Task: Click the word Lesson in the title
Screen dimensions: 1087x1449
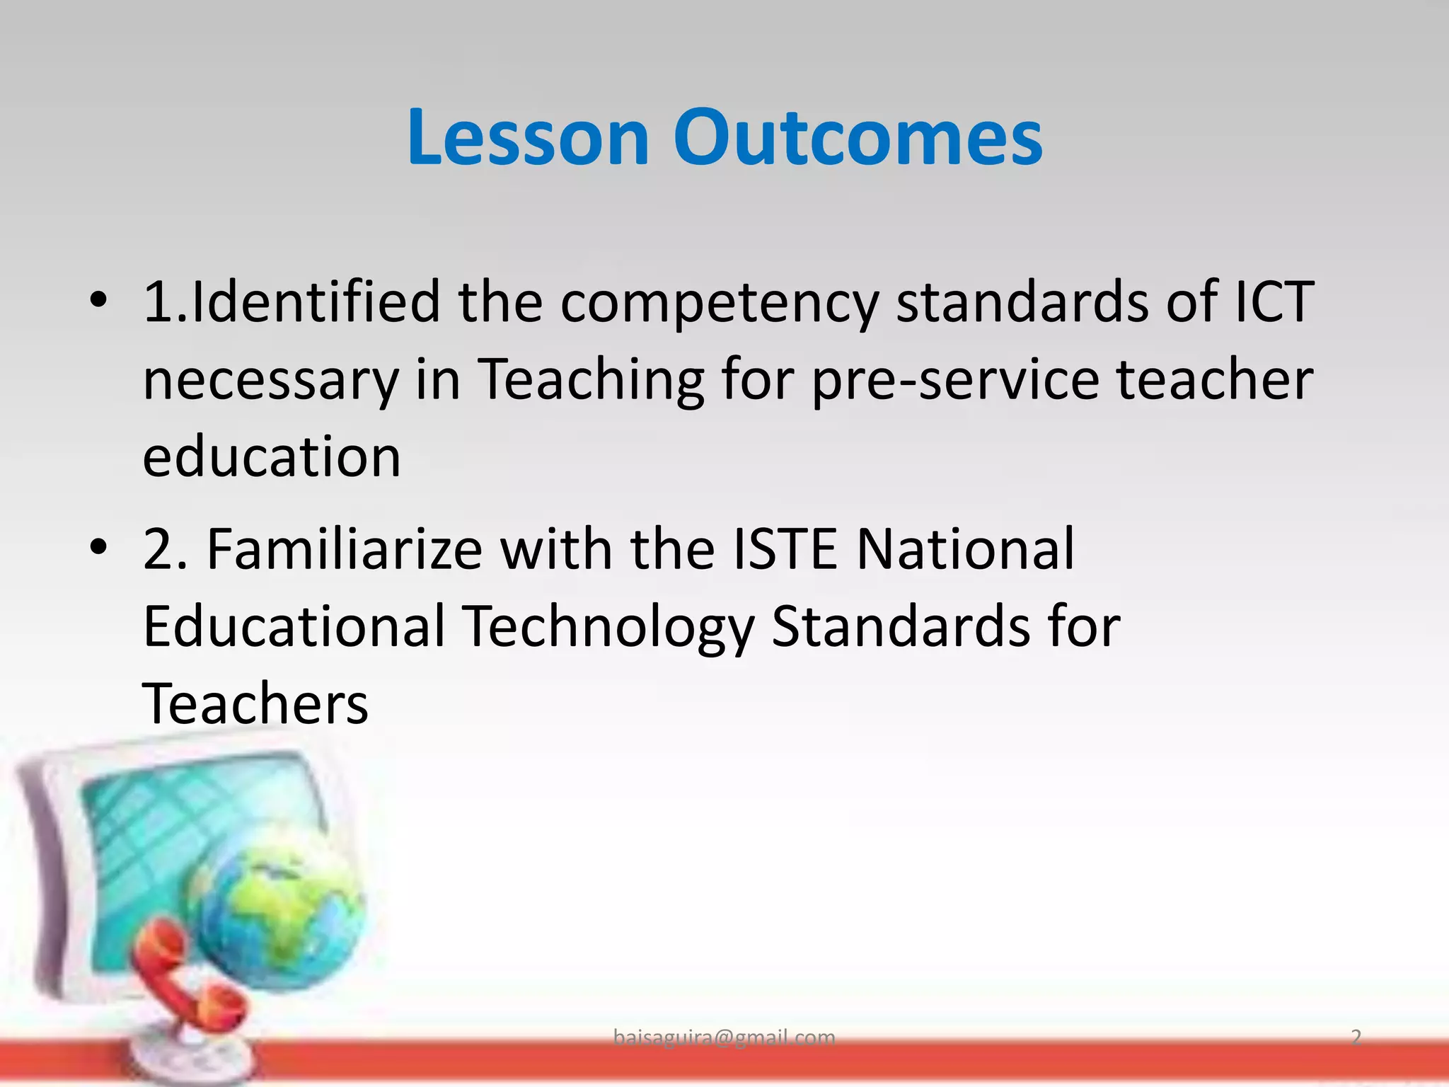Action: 528,137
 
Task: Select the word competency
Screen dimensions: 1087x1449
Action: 720,303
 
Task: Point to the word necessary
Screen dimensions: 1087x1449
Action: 271,381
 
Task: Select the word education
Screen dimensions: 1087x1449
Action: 272,457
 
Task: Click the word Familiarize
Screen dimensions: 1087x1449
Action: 344,549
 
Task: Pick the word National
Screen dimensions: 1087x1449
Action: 965,549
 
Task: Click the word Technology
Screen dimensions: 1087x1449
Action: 608,628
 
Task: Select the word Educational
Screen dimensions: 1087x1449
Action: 294,626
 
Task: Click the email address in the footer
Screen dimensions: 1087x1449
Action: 724,1037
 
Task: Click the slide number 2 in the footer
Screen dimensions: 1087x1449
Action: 1356,1037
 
